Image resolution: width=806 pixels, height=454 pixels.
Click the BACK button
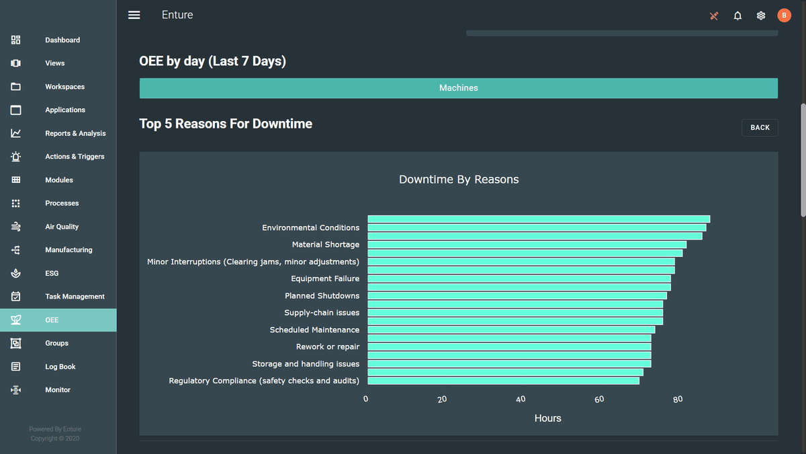point(760,128)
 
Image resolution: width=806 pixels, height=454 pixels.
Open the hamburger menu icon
point(134,15)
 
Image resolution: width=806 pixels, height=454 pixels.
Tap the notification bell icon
point(737,15)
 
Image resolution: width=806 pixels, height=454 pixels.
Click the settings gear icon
point(761,15)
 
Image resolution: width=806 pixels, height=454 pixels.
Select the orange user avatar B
point(784,15)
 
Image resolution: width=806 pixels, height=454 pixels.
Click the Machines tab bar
point(458,88)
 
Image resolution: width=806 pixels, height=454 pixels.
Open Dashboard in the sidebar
point(62,40)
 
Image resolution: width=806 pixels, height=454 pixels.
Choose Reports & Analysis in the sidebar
point(75,133)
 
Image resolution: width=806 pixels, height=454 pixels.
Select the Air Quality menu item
point(62,227)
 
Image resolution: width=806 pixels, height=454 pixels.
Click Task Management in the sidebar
point(75,297)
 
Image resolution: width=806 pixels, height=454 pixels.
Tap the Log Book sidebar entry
point(60,367)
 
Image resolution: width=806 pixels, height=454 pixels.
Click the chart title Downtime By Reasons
point(459,180)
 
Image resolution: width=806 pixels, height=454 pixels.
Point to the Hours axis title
point(547,418)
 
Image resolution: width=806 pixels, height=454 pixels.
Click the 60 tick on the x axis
point(599,400)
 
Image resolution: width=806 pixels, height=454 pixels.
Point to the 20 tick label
point(442,400)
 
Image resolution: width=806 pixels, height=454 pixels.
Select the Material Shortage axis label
point(325,245)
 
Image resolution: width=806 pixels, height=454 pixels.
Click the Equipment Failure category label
point(325,278)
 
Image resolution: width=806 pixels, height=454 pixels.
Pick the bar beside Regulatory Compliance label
point(503,381)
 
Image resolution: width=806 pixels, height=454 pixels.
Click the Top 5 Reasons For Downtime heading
point(226,124)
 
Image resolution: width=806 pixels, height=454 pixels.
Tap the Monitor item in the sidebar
point(57,390)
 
